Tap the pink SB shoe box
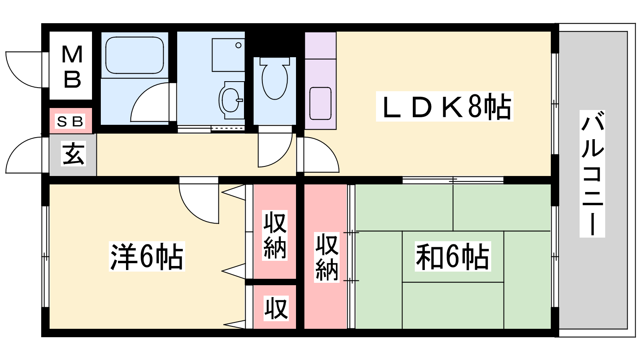tap(71, 120)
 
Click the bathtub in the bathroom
tap(134, 55)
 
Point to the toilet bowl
tap(274, 80)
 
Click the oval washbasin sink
tap(230, 100)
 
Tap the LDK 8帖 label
tap(444, 106)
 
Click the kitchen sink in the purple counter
tap(320, 104)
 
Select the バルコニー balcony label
tap(592, 174)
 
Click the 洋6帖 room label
tap(147, 256)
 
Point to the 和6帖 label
tap(452, 256)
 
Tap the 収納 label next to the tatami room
tap(327, 257)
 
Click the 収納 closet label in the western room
tap(274, 235)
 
